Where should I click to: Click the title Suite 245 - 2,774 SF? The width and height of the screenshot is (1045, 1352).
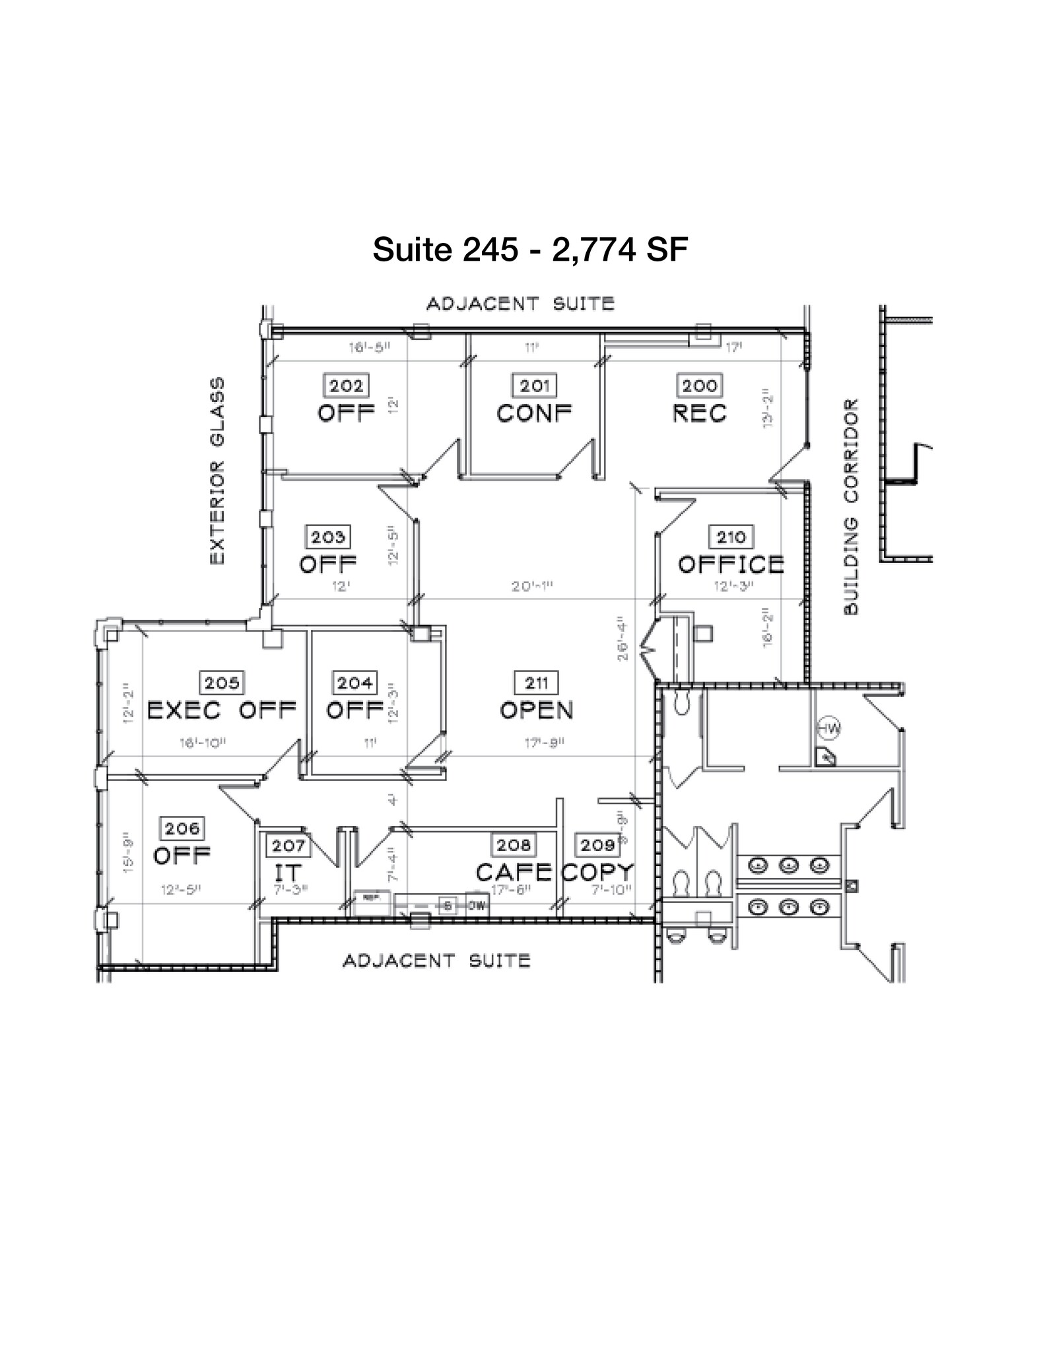[x=530, y=250]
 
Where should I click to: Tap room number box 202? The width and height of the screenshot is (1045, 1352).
[x=346, y=386]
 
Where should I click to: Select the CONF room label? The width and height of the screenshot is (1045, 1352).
[x=534, y=413]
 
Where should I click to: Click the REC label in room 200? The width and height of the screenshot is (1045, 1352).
[x=699, y=413]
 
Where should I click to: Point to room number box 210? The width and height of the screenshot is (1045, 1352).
[x=731, y=537]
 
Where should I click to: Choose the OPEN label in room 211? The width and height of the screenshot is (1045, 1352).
[x=536, y=710]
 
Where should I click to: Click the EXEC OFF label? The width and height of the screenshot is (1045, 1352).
[x=221, y=710]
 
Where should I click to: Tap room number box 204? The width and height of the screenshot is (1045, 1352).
[x=355, y=683]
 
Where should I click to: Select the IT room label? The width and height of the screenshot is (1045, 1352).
[x=287, y=873]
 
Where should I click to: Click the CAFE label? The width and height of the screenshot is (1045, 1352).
[x=514, y=873]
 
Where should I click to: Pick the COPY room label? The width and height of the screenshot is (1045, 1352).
[x=597, y=873]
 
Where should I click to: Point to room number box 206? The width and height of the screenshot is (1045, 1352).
[x=182, y=828]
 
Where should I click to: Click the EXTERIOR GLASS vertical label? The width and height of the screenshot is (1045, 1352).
[x=217, y=471]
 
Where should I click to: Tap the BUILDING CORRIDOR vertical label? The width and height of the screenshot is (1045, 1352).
[x=851, y=507]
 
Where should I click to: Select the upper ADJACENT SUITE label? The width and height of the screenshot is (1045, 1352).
[x=520, y=304]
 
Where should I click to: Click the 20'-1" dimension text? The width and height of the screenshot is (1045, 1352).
[x=531, y=586]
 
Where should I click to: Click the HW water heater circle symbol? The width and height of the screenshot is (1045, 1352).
[x=829, y=729]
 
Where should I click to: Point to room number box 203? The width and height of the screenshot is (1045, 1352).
[x=327, y=537]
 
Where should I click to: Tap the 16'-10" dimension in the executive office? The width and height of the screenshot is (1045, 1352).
[x=203, y=743]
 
